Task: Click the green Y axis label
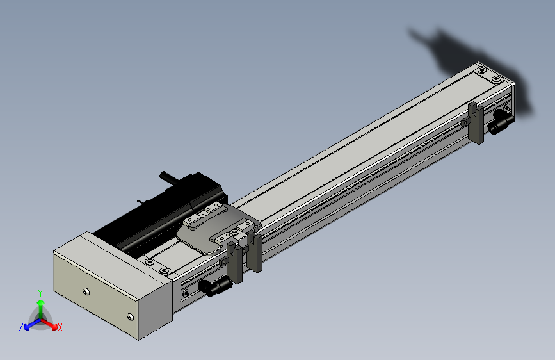coord(40,293)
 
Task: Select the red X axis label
coord(60,327)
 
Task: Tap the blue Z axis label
coord(21,327)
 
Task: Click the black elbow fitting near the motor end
coord(215,286)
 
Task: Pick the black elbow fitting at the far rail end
coord(501,121)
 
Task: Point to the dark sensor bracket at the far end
coord(476,123)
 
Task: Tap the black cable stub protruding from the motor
coord(169,177)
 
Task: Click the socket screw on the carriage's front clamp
coord(234,233)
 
